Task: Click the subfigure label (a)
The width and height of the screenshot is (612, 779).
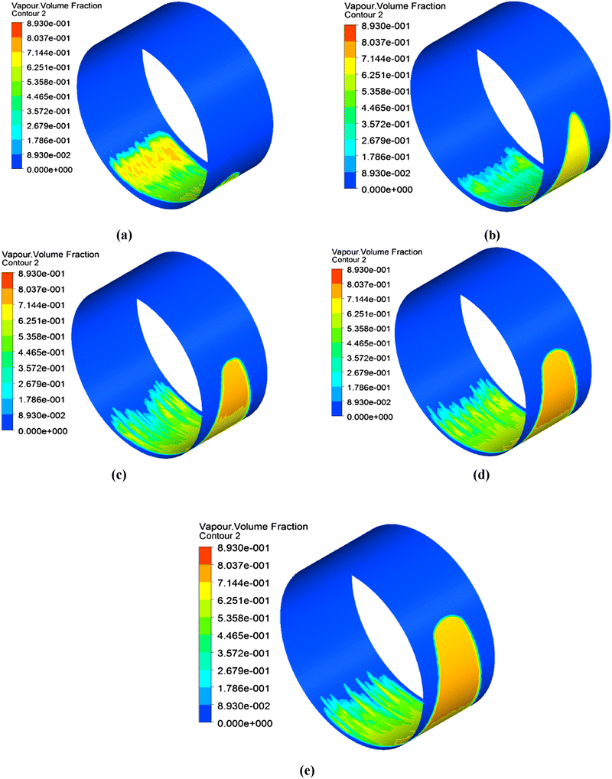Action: tap(123, 235)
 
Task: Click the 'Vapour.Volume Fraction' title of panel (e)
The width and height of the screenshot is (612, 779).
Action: tap(253, 527)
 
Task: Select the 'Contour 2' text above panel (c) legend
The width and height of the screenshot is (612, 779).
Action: tap(22, 261)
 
